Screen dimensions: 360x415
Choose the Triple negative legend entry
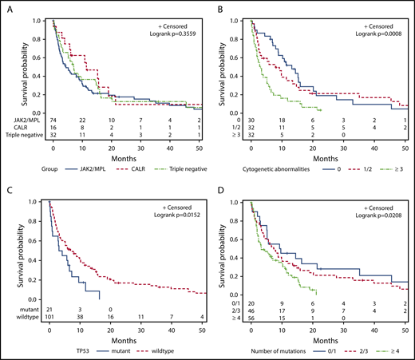[x=177, y=169]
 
